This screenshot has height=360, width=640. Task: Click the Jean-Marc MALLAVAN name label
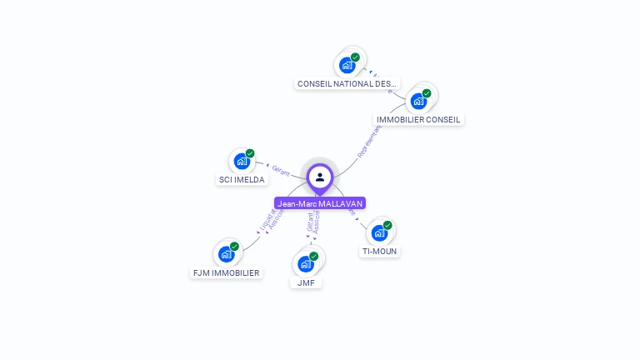[x=320, y=203]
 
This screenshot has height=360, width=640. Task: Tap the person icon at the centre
[x=320, y=177]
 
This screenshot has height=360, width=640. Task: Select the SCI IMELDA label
[x=242, y=179]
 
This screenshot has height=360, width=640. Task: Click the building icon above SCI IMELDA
[x=242, y=161]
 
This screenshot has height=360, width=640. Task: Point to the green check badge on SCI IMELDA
[x=250, y=153]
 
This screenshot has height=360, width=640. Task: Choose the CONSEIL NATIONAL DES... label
[x=347, y=83]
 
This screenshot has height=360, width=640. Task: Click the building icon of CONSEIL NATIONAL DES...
[x=347, y=65]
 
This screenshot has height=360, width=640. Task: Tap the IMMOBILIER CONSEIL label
[x=418, y=119]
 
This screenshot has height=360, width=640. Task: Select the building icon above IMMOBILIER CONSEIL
[x=418, y=101]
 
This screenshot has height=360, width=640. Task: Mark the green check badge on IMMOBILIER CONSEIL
[x=427, y=93]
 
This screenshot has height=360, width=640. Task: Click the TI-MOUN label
[x=380, y=251]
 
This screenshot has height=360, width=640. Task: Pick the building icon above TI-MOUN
[x=379, y=232]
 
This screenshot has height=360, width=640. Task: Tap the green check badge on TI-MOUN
[x=387, y=225]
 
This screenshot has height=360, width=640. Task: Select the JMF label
[x=306, y=282]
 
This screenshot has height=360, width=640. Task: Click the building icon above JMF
[x=306, y=264]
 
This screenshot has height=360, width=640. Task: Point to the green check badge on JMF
[x=314, y=256]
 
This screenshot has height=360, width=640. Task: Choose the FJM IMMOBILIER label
[x=226, y=272]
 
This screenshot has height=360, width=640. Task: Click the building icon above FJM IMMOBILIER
[x=226, y=254]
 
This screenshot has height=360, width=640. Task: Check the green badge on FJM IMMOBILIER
[x=234, y=247]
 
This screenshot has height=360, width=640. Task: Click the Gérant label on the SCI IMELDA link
[x=281, y=170]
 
